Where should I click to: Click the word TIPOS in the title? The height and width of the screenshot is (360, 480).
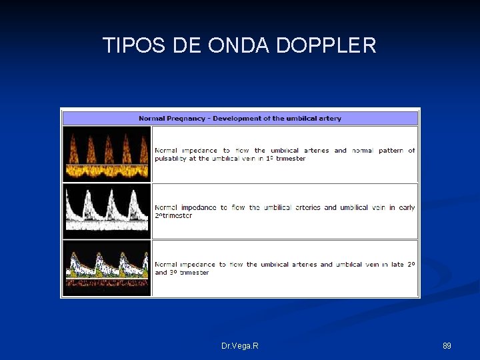pyautogui.click(x=135, y=45)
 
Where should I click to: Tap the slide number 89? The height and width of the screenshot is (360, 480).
pyautogui.click(x=447, y=346)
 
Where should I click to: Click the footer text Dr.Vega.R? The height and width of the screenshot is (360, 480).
pyautogui.click(x=240, y=346)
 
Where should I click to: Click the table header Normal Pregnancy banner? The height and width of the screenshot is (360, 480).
pyautogui.click(x=240, y=119)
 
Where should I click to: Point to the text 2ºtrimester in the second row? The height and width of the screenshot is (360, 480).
pyautogui.click(x=173, y=215)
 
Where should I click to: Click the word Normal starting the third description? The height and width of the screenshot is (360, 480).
pyautogui.click(x=166, y=265)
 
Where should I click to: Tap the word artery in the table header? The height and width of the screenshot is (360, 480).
pyautogui.click(x=329, y=119)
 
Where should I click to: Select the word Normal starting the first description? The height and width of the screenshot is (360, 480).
pyautogui.click(x=166, y=151)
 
